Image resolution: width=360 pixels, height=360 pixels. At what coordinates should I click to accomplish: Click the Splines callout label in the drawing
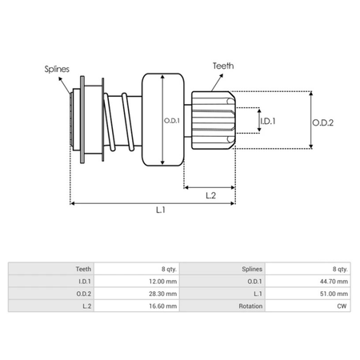click(x=57, y=70)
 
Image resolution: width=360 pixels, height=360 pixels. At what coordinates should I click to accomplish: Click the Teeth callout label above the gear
click(x=225, y=66)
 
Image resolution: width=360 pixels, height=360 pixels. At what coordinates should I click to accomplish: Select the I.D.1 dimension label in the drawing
click(x=270, y=122)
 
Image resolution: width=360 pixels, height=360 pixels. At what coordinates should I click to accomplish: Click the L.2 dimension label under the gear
click(x=210, y=194)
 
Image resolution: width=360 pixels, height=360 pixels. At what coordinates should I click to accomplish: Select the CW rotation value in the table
click(x=343, y=306)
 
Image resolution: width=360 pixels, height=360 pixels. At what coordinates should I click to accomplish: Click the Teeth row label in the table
click(x=82, y=270)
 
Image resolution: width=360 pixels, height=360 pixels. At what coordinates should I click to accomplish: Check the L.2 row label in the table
click(x=86, y=306)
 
